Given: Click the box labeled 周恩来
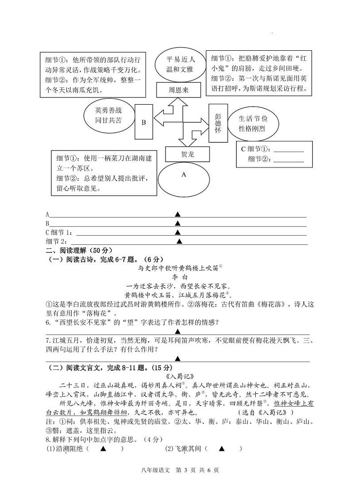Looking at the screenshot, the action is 178,90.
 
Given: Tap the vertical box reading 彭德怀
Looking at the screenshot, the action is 218,123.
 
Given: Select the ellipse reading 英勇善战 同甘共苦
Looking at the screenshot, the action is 108,116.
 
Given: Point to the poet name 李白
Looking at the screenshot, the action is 180,276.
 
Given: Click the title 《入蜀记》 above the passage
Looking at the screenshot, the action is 180,376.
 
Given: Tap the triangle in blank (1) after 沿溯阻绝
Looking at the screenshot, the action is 103,449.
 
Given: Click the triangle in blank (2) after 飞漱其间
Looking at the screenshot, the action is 222,449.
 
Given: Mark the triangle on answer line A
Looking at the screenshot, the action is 178,214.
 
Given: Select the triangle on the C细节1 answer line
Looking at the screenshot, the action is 178,232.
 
